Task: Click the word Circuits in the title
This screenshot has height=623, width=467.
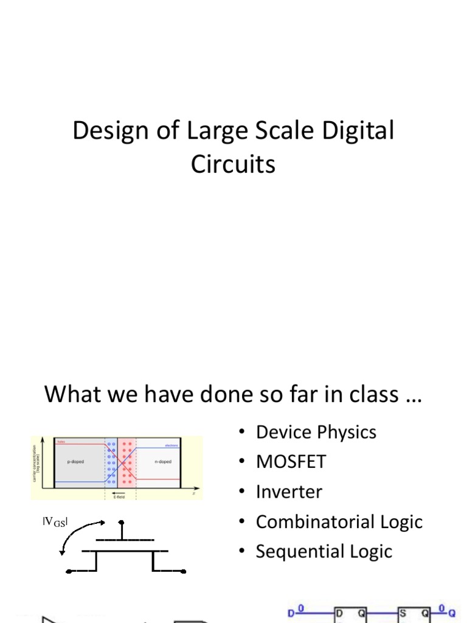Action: coord(233,164)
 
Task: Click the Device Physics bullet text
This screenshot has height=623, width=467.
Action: coord(316,432)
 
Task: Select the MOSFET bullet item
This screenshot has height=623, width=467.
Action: coord(291,462)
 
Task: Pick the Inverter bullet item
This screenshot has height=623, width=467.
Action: coord(289,492)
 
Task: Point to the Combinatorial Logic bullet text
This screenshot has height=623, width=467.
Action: coord(339,521)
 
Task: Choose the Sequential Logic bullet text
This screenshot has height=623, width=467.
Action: coord(323,551)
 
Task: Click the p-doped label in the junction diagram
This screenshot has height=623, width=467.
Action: coord(75,462)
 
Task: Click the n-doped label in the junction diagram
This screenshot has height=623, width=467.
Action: coord(162,462)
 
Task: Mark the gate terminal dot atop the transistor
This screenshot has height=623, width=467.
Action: coord(122,522)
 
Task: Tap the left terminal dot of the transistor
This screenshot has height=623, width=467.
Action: coord(68,571)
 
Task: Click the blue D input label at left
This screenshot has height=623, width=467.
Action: coord(291,615)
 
